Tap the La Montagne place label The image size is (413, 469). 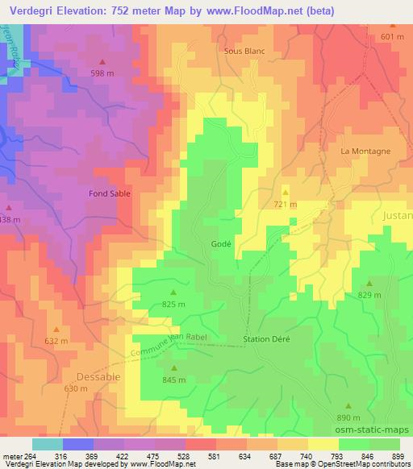(365, 151)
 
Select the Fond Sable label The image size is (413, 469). (109, 194)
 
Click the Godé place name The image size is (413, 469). (221, 243)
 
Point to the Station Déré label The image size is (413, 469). (266, 339)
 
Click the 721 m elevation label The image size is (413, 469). (285, 205)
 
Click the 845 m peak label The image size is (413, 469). (173, 380)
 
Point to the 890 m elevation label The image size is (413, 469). (348, 418)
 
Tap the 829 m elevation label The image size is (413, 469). (369, 296)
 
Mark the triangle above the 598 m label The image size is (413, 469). (102, 62)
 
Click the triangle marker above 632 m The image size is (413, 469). (56, 329)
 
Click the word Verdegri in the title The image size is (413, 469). (31, 10)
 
